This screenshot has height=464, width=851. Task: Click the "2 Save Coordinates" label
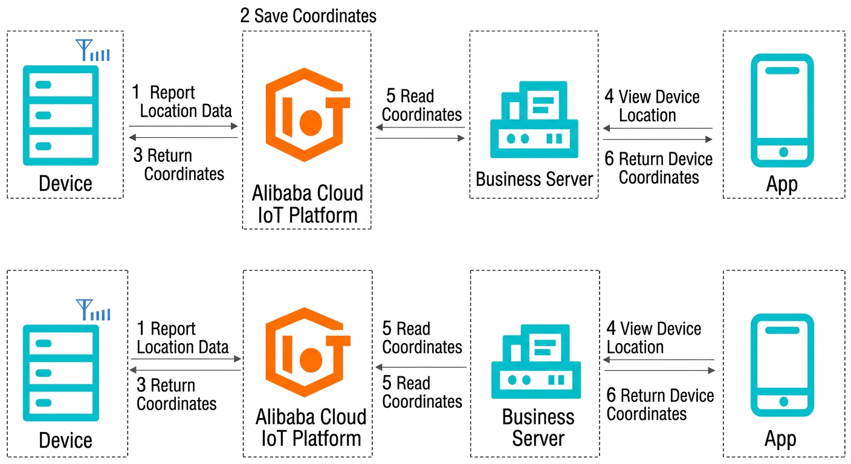click(x=308, y=16)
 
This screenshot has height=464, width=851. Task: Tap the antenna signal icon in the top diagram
click(x=92, y=50)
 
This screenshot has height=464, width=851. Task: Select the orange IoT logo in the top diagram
click(x=308, y=115)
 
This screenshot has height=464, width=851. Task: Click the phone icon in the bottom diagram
click(x=782, y=365)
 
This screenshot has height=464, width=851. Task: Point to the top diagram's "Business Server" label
click(x=534, y=179)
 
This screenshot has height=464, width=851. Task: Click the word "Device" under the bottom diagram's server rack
click(x=65, y=440)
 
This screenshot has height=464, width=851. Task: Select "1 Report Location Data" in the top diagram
click(x=182, y=101)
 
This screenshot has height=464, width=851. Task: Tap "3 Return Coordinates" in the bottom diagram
click(x=176, y=395)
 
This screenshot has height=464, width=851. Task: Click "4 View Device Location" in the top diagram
click(x=652, y=106)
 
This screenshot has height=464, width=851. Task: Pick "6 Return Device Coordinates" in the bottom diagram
click(x=660, y=404)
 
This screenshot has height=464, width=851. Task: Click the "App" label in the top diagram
click(x=782, y=184)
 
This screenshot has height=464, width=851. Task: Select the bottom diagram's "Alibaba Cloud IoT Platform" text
click(x=311, y=428)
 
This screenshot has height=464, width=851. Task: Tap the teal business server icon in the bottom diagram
click(x=536, y=361)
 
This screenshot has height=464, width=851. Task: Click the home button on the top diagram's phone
click(x=783, y=152)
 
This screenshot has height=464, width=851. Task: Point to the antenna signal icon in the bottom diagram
click(x=93, y=310)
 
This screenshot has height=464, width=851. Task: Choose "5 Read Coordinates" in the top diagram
click(x=422, y=105)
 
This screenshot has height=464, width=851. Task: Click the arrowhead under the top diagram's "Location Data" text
click(x=235, y=126)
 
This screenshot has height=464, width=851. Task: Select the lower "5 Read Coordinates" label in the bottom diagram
click(x=422, y=392)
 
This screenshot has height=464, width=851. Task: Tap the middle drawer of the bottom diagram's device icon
click(x=61, y=373)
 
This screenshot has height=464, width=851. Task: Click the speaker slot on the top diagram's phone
click(x=782, y=71)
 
